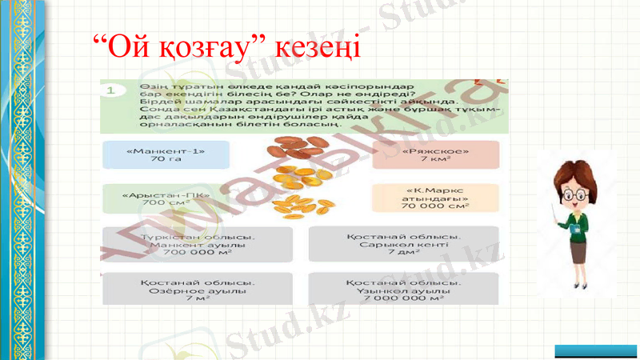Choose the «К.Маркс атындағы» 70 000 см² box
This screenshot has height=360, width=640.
click(x=435, y=198)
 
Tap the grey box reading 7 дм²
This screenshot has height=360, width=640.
click(x=403, y=244)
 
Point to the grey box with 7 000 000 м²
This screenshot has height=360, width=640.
click(x=403, y=290)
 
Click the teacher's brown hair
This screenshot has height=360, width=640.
click(x=583, y=171)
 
